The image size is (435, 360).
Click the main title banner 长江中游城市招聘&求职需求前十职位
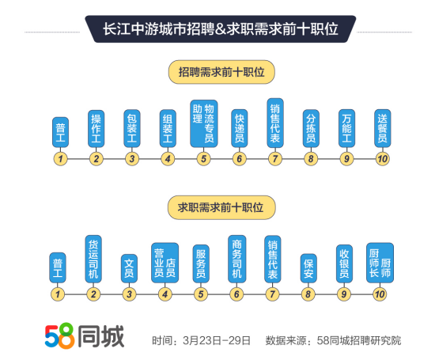(x=221, y=28)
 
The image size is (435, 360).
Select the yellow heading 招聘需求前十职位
(x=221, y=72)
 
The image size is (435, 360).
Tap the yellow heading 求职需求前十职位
(x=221, y=207)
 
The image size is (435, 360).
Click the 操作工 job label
(x=96, y=128)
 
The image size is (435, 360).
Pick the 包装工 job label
(x=132, y=128)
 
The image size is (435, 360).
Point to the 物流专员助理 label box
(x=203, y=123)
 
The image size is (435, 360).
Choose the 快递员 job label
(x=240, y=128)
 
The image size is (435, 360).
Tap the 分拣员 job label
(x=311, y=128)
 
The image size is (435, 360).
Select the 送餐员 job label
(x=383, y=128)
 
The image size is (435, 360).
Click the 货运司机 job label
(x=93, y=259)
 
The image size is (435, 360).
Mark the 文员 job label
(x=129, y=268)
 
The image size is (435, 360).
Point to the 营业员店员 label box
(x=165, y=263)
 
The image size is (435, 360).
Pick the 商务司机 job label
(x=236, y=259)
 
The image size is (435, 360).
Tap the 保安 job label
(x=308, y=268)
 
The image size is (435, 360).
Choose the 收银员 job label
(x=344, y=263)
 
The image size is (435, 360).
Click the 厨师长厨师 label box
(x=380, y=263)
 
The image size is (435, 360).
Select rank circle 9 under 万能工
(x=346, y=159)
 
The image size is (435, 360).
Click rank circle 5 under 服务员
(x=201, y=294)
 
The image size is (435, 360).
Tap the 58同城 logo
(x=85, y=335)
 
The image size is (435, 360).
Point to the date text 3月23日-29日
(x=217, y=340)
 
